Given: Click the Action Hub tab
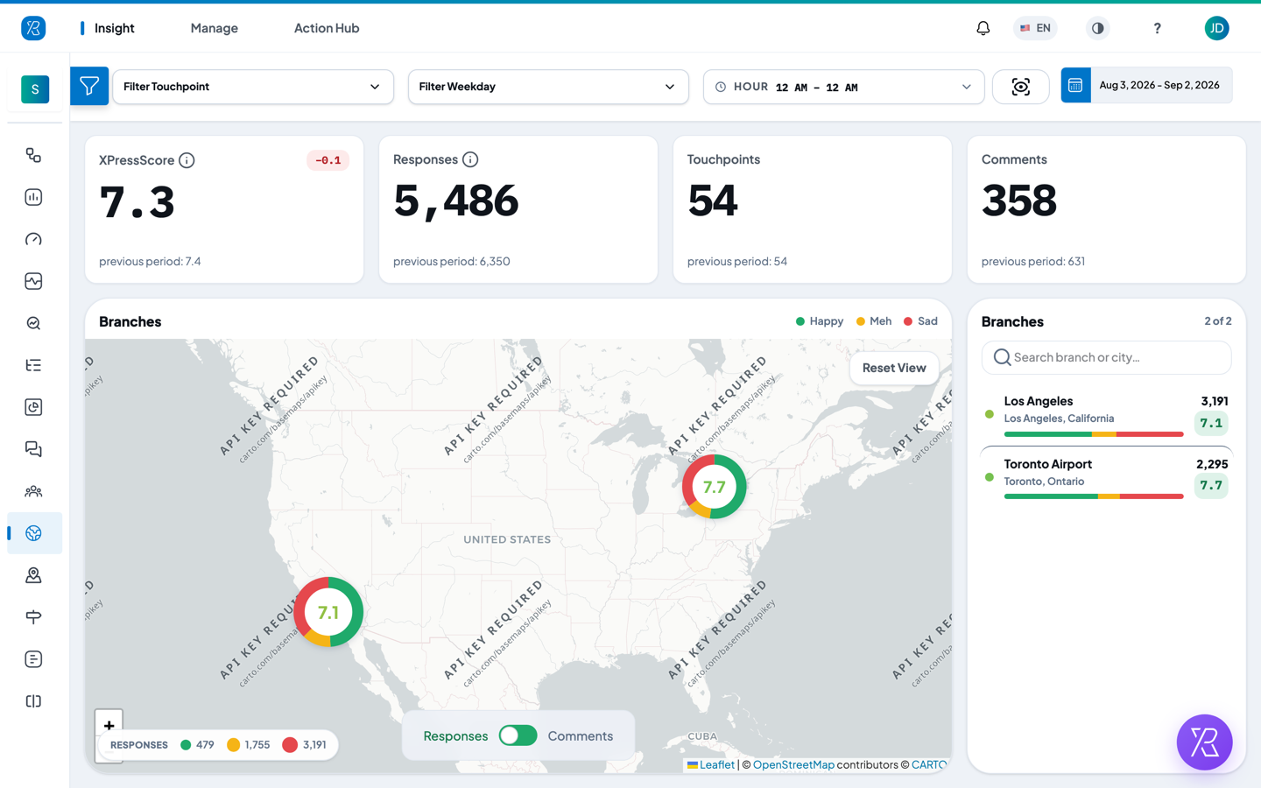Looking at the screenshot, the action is (327, 28).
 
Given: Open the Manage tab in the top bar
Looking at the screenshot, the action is (214, 28).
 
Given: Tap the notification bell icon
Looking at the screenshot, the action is (983, 28).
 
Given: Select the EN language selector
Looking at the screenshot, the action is (1035, 28).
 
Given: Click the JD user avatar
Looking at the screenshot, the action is (1216, 28).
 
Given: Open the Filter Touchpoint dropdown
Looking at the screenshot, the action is (253, 87).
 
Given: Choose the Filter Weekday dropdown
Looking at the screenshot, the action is (548, 87).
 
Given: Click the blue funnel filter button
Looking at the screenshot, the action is (89, 86).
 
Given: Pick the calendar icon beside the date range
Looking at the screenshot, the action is (1075, 85).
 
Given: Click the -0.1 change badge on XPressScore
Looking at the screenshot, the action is (328, 160).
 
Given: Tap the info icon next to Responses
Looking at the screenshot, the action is (470, 160).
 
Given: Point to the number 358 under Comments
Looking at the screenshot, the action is (1019, 201).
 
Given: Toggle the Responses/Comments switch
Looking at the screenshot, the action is (518, 735).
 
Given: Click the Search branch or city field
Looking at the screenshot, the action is (1106, 357).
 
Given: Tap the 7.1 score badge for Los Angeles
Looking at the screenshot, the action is (1211, 423).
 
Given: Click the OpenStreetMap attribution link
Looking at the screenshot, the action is (793, 764).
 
